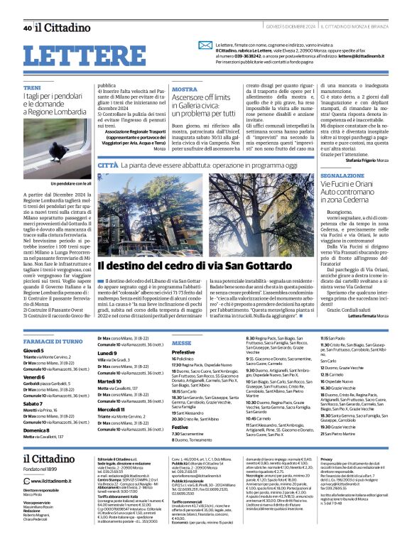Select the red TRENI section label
(31, 87)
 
